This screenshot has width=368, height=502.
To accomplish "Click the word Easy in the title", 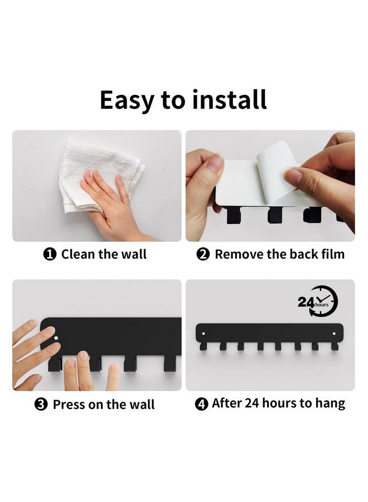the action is [x=127, y=100].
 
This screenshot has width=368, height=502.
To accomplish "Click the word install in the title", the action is [x=229, y=99].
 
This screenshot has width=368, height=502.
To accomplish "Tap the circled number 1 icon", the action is [x=50, y=254].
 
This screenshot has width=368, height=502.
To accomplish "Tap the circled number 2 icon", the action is [x=203, y=254].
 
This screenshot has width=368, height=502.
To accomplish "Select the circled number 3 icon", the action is [x=41, y=404].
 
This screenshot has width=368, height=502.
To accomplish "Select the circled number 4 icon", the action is [x=202, y=404].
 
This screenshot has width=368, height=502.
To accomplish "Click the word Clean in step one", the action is [x=78, y=254].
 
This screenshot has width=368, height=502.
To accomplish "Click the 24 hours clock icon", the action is [x=318, y=301].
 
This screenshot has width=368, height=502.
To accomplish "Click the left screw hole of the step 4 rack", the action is [x=204, y=334].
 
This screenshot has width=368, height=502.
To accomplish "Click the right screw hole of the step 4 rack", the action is [x=335, y=334].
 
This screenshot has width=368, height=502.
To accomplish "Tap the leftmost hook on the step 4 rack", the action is [x=203, y=346].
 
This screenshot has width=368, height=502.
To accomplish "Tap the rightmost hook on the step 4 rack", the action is [x=335, y=346].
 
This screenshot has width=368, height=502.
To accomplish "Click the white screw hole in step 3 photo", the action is [x=56, y=338].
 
